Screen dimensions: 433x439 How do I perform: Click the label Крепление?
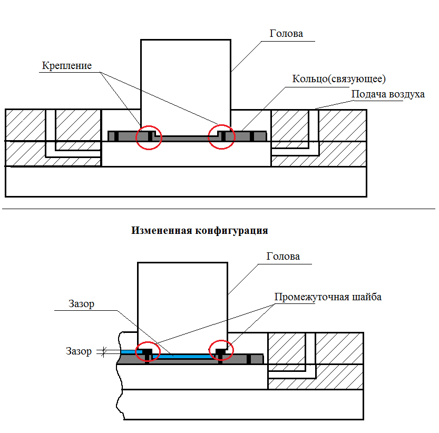pyautogui.click(x=67, y=66)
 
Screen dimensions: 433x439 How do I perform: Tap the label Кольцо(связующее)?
pyautogui.click(x=339, y=79)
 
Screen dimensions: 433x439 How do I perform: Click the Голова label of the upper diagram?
pyautogui.click(x=286, y=33)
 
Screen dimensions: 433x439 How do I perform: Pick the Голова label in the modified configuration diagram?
pyautogui.click(x=283, y=257)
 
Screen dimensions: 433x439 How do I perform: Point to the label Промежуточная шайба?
pyautogui.click(x=328, y=297)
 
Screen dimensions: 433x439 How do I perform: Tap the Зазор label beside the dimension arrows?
pyautogui.click(x=79, y=351)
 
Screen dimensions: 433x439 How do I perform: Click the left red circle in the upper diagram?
pyautogui.click(x=149, y=137)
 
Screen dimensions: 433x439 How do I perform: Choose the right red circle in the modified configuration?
pyautogui.click(x=220, y=351)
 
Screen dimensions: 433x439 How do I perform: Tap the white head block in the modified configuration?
pyautogui.click(x=182, y=300)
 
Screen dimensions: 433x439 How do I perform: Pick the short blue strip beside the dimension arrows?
pyautogui.click(x=128, y=351)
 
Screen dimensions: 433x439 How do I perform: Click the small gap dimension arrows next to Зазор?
pyautogui.click(x=104, y=352)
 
